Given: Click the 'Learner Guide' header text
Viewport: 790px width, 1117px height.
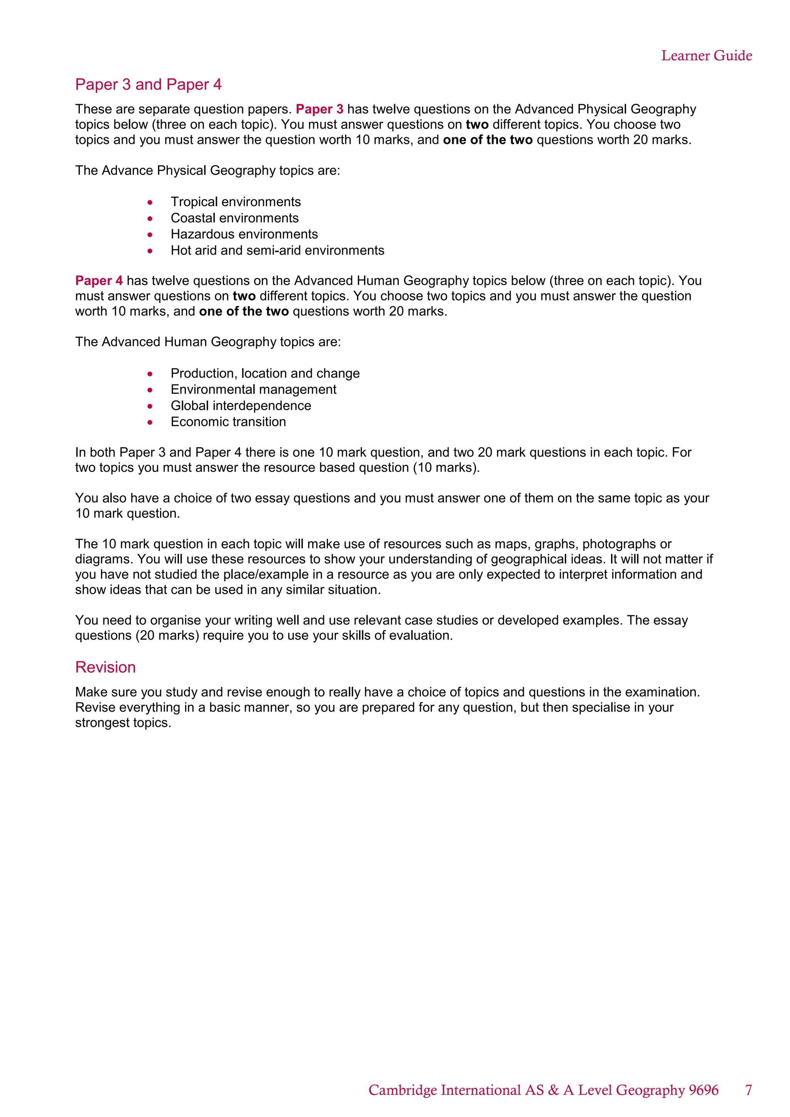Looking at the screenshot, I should point(706,56).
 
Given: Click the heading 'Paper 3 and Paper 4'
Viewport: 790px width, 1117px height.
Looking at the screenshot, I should point(149,84).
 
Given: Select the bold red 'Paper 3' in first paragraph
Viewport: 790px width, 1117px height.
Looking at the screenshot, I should point(319,109).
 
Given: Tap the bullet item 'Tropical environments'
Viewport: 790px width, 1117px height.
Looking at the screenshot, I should point(235,202).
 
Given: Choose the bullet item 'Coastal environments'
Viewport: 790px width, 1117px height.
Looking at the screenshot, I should point(235,218).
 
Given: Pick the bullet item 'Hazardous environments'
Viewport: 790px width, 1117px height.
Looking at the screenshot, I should point(244,234).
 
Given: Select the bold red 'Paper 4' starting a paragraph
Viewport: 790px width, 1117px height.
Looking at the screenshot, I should point(99,281).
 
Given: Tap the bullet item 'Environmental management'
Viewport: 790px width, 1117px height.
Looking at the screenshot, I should point(253,389).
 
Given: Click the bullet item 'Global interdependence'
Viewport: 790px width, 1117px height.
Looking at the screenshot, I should point(241,405).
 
